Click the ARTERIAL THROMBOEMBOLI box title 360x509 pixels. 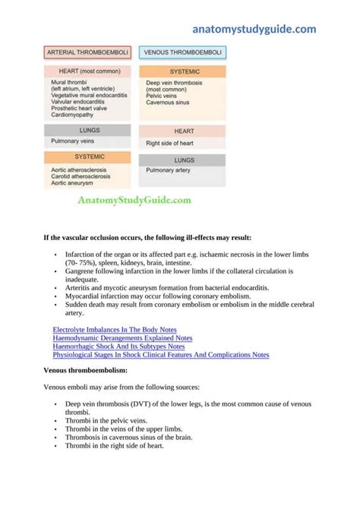[88, 53]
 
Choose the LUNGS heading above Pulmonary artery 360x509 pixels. [184, 160]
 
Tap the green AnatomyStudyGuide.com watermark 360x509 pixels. [134, 201]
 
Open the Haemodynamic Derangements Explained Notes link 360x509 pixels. [122, 338]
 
